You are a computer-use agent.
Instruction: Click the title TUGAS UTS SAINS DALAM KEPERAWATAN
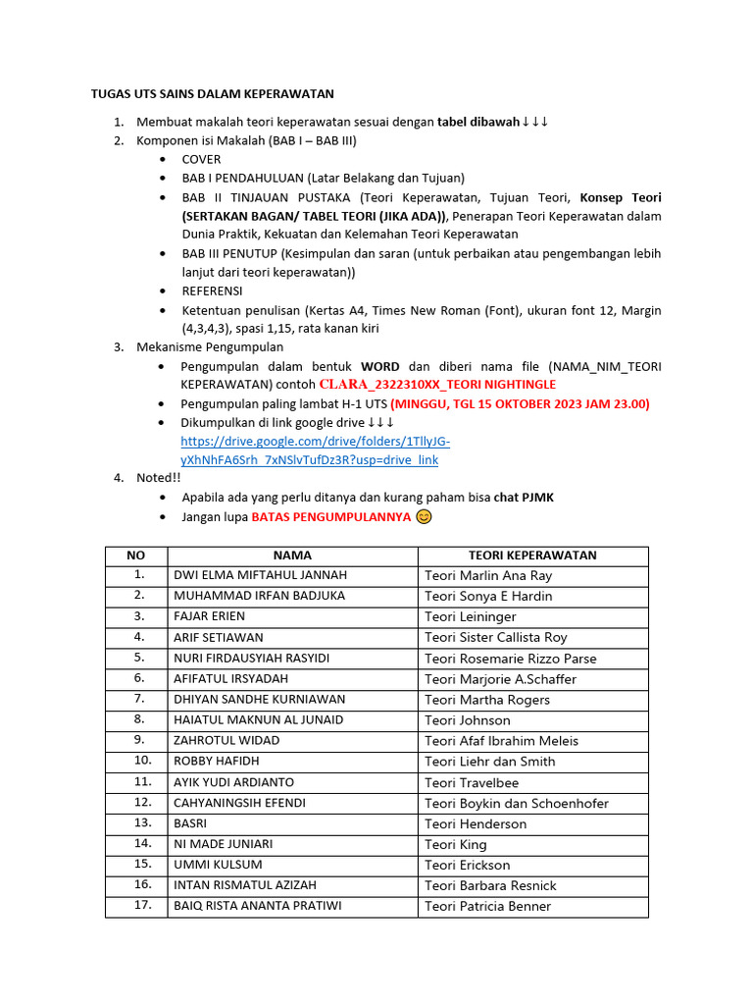pyautogui.click(x=213, y=94)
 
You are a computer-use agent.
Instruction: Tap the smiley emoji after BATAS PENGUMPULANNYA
pyautogui.click(x=424, y=516)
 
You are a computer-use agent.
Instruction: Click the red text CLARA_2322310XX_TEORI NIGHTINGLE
pyautogui.click(x=437, y=384)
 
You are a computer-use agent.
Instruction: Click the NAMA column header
pyautogui.click(x=292, y=555)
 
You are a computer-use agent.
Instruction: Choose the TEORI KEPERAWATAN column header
pyautogui.click(x=532, y=555)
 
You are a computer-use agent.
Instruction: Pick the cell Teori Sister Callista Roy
pyautogui.click(x=495, y=637)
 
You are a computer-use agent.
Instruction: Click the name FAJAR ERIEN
pyautogui.click(x=209, y=616)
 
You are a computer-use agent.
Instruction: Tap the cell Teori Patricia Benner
pyautogui.click(x=487, y=906)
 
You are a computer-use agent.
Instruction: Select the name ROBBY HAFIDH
pyautogui.click(x=215, y=761)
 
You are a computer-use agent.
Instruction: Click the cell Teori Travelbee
pyautogui.click(x=472, y=782)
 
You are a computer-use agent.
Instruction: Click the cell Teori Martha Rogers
pyautogui.click(x=486, y=700)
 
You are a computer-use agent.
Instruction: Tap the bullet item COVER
pyautogui.click(x=201, y=159)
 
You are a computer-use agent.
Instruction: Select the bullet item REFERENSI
pyautogui.click(x=212, y=291)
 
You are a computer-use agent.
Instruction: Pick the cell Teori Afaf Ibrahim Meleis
pyautogui.click(x=501, y=741)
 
